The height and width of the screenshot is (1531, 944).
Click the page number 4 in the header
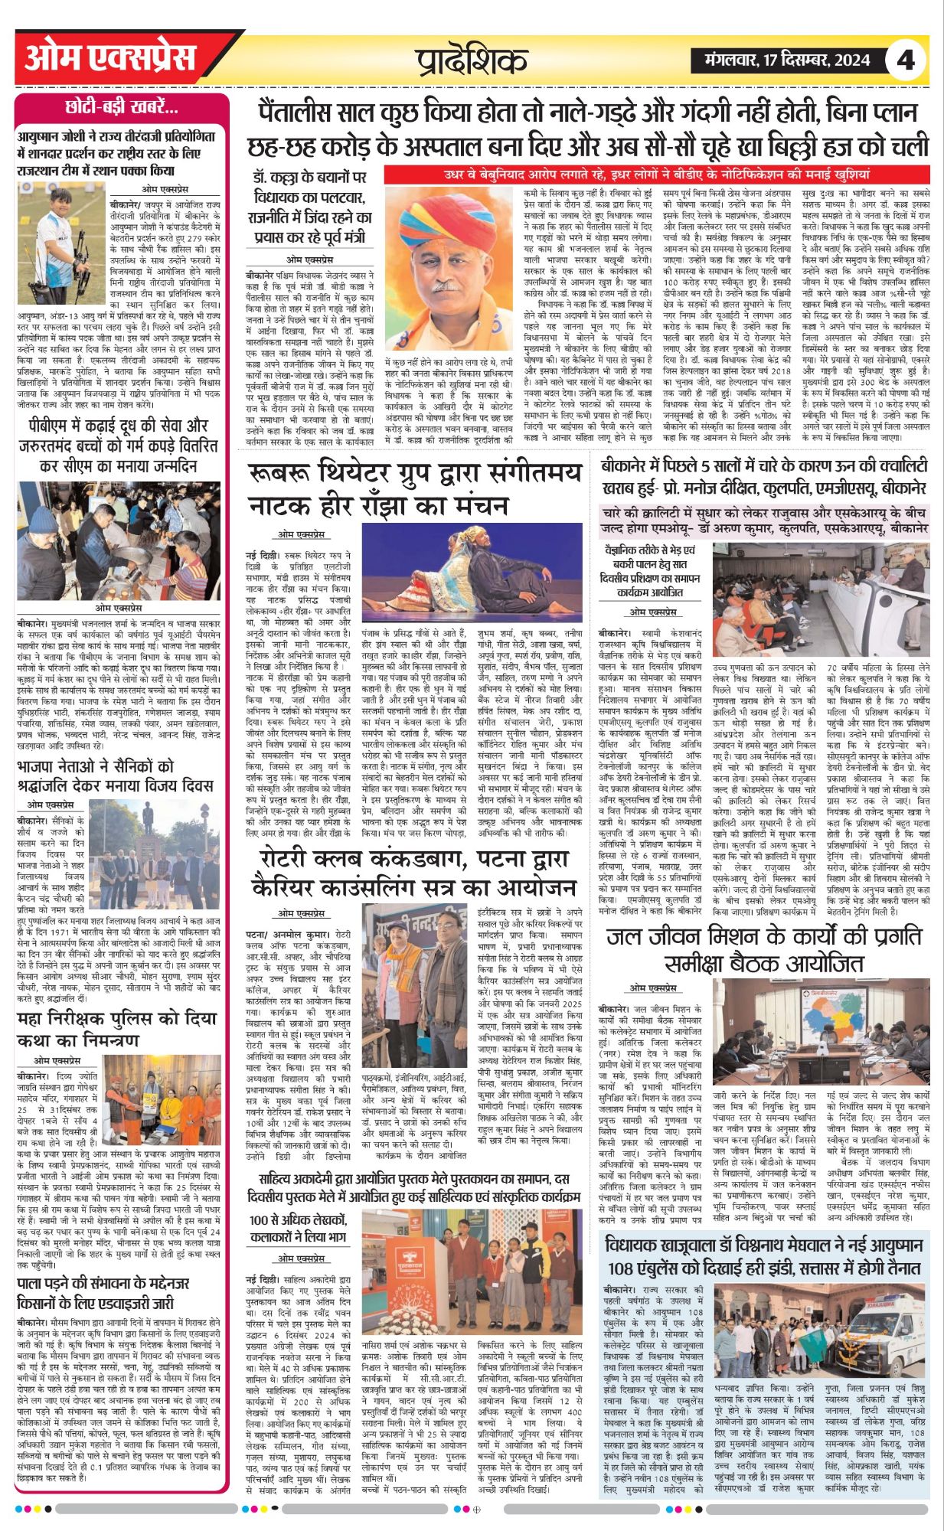906,60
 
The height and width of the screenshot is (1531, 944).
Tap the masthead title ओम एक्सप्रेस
110,58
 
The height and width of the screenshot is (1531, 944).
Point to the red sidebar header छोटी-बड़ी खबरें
122,108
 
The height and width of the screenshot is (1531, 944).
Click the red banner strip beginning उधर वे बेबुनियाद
657,174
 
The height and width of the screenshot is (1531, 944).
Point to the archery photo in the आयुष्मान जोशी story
62,232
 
